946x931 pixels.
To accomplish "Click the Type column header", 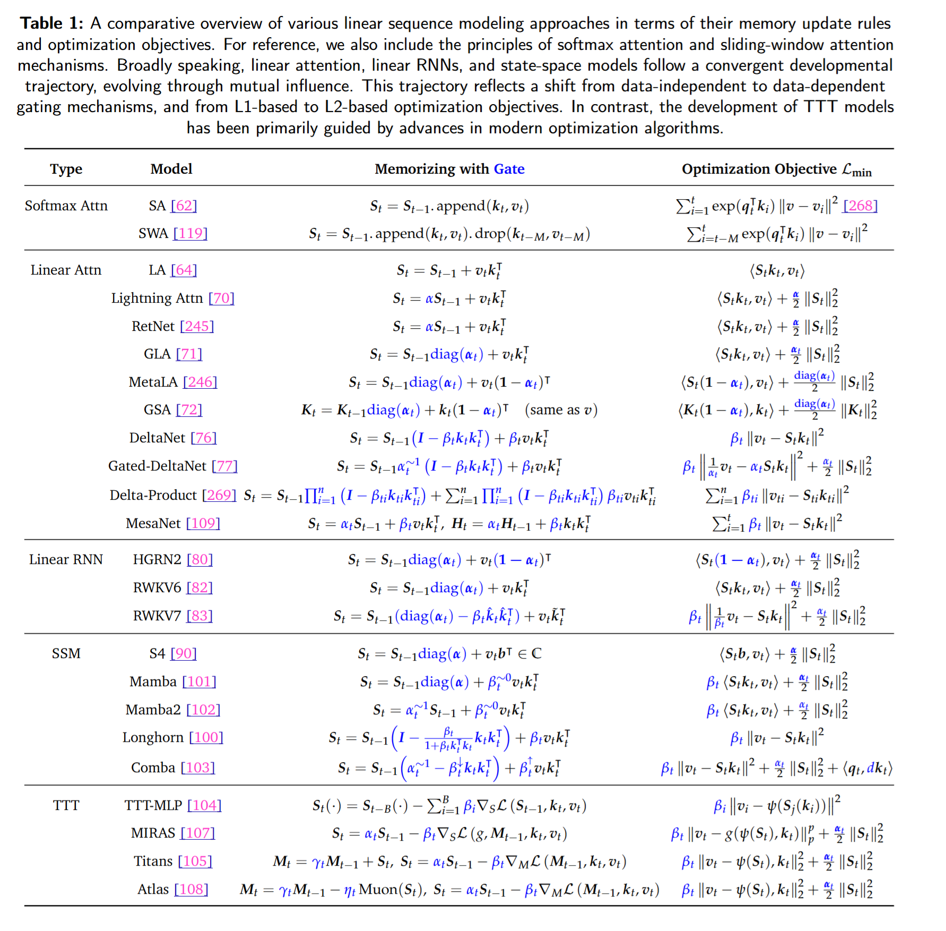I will click(66, 169).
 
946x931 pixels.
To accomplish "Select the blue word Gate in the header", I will click(509, 169).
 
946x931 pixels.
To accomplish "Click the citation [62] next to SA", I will click(184, 206).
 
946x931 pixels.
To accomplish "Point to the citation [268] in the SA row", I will click(860, 206).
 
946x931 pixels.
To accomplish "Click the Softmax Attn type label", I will click(66, 206).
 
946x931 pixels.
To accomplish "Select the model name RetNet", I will click(153, 326).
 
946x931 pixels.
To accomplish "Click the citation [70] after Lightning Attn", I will click(221, 298).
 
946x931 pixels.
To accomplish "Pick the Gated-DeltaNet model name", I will click(157, 466).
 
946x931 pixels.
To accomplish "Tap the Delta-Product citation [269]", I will click(219, 495).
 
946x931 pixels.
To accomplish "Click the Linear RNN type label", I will click(66, 559).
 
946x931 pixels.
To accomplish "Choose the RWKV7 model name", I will click(157, 616).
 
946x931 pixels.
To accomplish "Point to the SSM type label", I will click(66, 653).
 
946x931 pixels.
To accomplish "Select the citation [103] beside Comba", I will click(198, 767).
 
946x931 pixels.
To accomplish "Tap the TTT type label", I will click(66, 805).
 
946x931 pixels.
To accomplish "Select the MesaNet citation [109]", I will click(203, 523).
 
